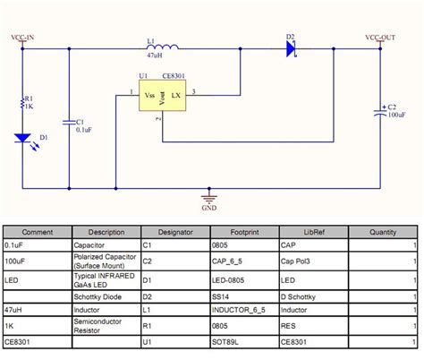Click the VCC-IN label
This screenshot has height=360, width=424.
click(x=22, y=38)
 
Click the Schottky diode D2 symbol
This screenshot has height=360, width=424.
click(x=292, y=49)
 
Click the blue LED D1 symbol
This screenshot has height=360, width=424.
click(x=23, y=139)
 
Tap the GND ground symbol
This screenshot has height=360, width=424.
click(x=210, y=199)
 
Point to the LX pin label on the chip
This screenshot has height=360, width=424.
click(x=176, y=94)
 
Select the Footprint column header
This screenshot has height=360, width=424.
click(x=244, y=231)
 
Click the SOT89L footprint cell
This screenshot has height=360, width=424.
click(x=226, y=342)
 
